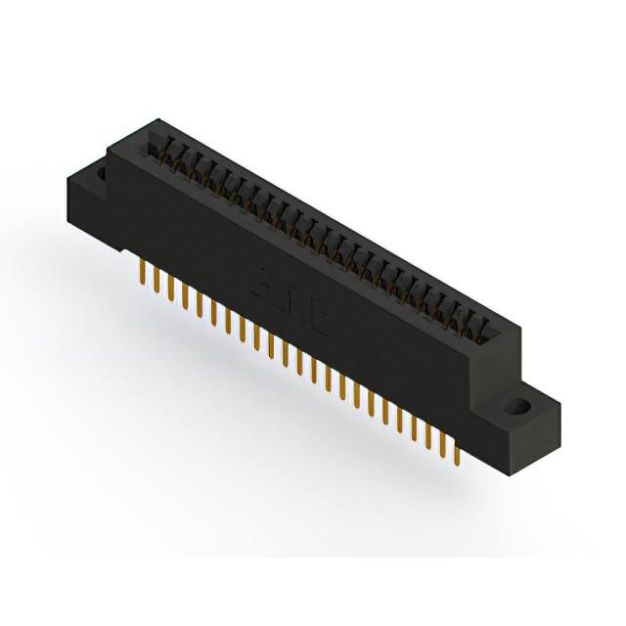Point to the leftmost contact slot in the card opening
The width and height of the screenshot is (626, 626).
click(155, 147)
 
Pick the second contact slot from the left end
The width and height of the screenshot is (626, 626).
click(169, 154)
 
